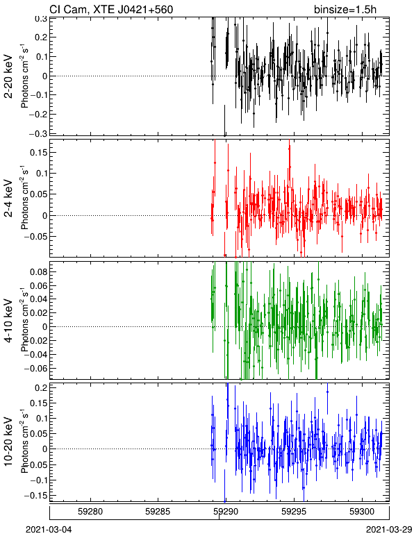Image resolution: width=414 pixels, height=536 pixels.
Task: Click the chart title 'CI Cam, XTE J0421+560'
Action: (x=111, y=10)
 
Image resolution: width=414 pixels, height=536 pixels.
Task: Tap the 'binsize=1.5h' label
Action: (x=345, y=10)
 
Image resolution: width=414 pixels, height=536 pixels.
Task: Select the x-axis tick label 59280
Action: (x=90, y=512)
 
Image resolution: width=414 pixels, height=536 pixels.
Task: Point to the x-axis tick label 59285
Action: (x=158, y=512)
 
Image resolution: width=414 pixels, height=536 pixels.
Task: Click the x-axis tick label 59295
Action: (x=294, y=512)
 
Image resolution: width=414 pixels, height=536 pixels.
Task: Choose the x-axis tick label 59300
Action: (x=362, y=512)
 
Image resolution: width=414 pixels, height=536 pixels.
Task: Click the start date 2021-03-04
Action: (x=49, y=530)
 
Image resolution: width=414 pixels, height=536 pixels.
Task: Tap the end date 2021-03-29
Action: (x=389, y=530)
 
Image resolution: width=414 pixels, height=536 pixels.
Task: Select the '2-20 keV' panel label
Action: (x=8, y=76)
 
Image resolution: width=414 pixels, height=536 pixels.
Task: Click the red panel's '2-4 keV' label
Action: (x=8, y=199)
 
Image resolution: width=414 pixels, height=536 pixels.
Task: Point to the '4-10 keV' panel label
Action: (x=8, y=321)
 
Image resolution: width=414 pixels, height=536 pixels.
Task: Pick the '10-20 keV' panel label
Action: (x=8, y=442)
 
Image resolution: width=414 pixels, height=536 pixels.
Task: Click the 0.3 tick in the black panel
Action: (x=40, y=19)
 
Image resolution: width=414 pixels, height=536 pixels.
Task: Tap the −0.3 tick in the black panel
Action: (x=38, y=133)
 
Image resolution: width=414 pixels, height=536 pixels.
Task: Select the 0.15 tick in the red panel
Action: (x=38, y=153)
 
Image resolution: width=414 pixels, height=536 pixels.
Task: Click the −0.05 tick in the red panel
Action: (x=36, y=237)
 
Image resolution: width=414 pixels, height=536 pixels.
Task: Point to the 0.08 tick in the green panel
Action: (x=38, y=271)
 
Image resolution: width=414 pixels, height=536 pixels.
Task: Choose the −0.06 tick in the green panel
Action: (x=36, y=369)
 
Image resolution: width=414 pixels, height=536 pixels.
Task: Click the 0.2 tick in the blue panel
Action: (x=40, y=387)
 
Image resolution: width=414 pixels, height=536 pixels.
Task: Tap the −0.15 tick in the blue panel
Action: (x=36, y=495)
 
